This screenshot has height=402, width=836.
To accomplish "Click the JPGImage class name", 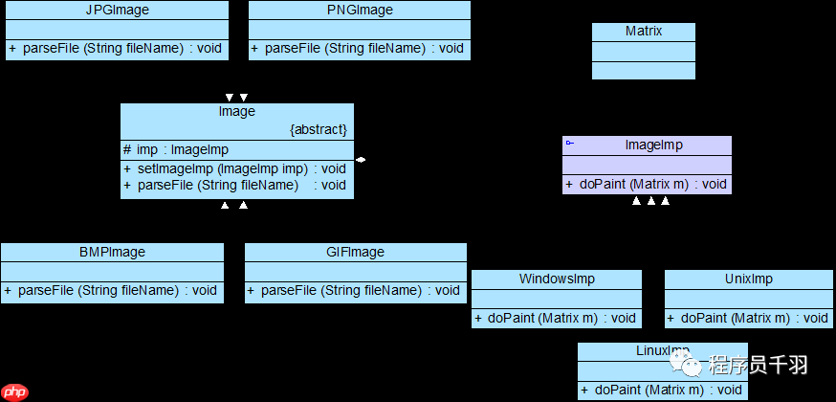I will (x=117, y=11).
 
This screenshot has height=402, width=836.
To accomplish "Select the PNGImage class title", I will (x=360, y=11).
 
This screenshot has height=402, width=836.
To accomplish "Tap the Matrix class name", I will (x=644, y=32).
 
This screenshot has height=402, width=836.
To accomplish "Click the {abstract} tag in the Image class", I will (x=319, y=129).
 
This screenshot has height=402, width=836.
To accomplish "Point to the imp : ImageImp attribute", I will (x=176, y=149).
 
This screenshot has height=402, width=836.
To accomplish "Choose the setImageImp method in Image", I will (x=234, y=169).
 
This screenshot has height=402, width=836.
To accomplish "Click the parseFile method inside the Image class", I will (x=234, y=185).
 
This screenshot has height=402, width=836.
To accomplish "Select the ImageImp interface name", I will (x=653, y=145).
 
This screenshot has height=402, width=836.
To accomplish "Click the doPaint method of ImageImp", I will (x=646, y=185).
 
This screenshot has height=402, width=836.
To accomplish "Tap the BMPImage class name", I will (x=112, y=253).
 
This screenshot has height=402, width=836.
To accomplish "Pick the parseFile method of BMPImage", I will (x=111, y=290).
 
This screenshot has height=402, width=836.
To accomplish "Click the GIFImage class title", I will (x=355, y=253).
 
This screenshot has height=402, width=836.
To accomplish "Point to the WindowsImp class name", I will (x=557, y=279).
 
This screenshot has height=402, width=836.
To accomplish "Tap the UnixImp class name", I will (x=749, y=279).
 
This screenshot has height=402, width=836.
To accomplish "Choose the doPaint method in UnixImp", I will (x=748, y=318).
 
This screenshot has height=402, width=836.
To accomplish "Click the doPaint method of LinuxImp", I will (x=661, y=390).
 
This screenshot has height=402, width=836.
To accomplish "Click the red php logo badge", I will (x=15, y=391).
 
